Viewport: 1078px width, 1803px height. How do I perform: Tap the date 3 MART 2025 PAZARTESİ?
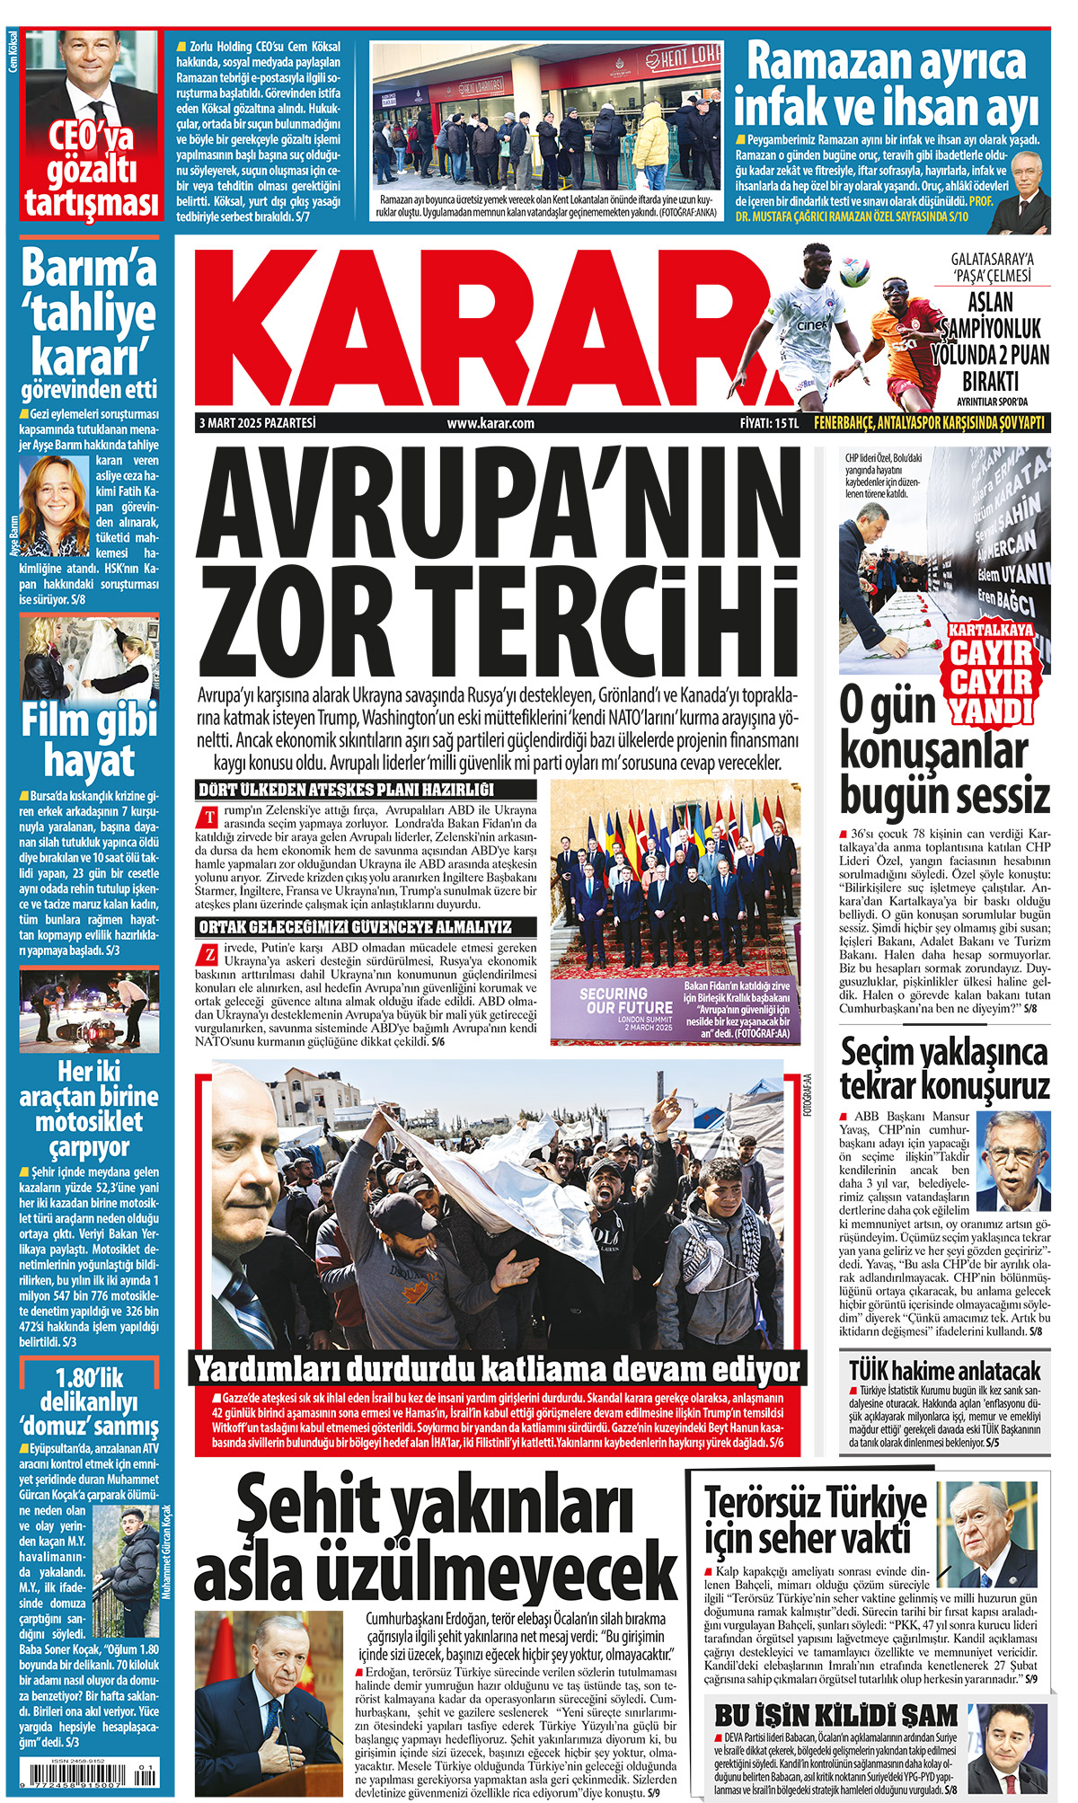[x=258, y=423]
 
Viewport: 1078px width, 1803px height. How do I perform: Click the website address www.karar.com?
[x=490, y=423]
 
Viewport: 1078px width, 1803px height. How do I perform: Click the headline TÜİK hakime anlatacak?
[x=945, y=1371]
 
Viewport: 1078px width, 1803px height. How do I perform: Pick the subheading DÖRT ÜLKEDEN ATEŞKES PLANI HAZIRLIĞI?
[x=347, y=790]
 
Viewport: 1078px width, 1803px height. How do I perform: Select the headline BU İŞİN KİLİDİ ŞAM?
[x=835, y=1714]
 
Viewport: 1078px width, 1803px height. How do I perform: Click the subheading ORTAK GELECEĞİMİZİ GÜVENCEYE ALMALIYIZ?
[x=356, y=926]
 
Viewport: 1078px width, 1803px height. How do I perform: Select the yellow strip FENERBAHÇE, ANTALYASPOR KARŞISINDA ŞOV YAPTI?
[x=929, y=423]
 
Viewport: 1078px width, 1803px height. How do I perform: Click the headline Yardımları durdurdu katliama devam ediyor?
[x=498, y=1370]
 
